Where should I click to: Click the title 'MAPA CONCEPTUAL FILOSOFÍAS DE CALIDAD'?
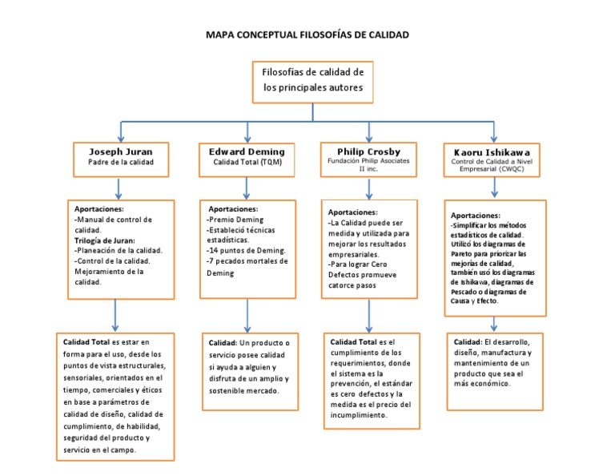coord(307,35)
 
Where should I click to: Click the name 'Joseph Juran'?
coord(120,151)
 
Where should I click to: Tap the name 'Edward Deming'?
coord(247,151)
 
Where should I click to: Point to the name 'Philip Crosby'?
coord(369,151)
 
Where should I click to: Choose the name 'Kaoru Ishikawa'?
coord(492,151)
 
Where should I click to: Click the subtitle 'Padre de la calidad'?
coord(120,163)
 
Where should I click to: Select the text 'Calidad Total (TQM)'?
coord(247,163)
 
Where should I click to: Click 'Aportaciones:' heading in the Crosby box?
coord(354,212)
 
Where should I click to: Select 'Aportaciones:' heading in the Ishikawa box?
coord(476,216)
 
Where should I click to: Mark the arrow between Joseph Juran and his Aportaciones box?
coord(120,188)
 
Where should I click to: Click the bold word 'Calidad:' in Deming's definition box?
coord(224,343)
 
